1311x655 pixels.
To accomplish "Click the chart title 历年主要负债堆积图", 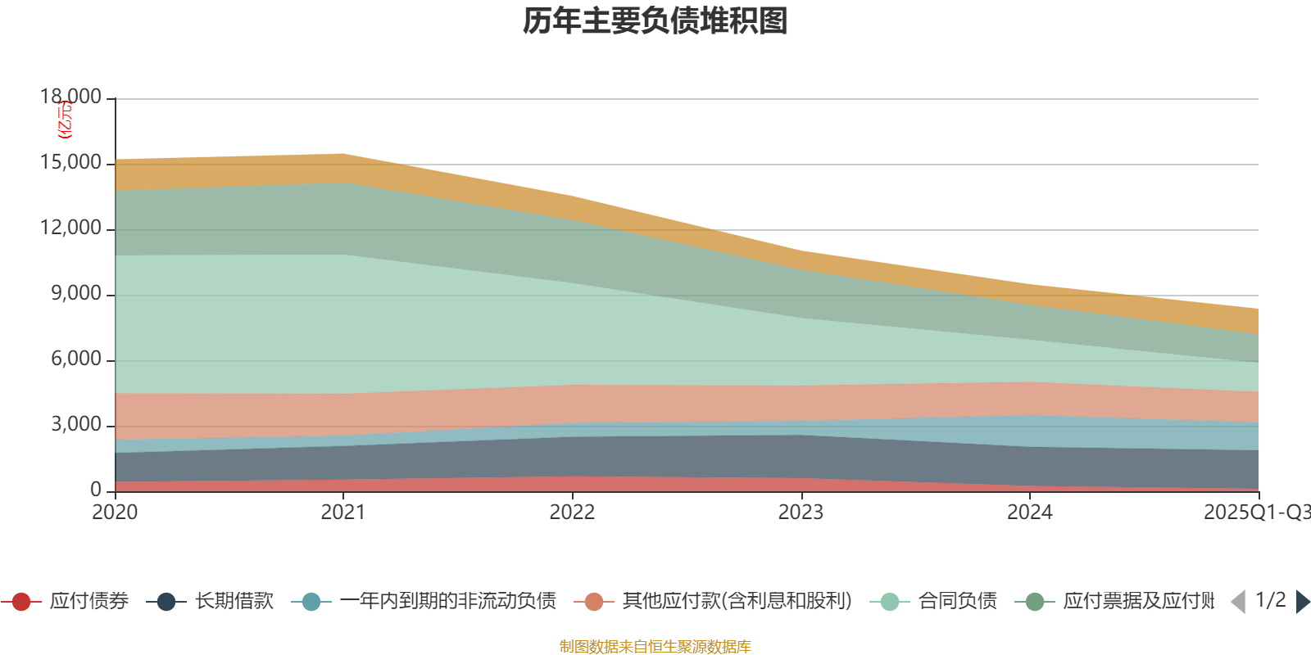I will tap(655, 21).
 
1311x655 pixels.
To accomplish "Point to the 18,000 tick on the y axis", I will tap(71, 97).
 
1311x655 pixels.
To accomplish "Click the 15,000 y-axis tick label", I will tap(71, 163).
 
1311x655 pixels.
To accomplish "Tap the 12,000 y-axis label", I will tap(71, 228).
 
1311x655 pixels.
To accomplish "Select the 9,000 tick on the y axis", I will tap(76, 294).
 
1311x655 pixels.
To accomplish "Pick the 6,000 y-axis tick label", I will tap(76, 359).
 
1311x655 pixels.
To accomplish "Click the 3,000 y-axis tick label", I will tap(76, 425).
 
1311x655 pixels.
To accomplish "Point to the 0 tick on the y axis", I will tap(96, 490).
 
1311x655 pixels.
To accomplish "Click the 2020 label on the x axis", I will tap(115, 513).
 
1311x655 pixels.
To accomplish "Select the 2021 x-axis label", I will tap(343, 513).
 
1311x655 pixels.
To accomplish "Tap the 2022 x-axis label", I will tap(572, 513).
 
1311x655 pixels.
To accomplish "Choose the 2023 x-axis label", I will tap(801, 513).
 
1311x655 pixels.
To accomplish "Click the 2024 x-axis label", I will tap(1029, 513).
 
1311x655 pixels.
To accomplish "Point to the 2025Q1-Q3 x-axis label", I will tap(1256, 513).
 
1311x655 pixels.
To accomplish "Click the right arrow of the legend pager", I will tap(1303, 602).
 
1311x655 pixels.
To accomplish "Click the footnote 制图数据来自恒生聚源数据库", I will tap(655, 647).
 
